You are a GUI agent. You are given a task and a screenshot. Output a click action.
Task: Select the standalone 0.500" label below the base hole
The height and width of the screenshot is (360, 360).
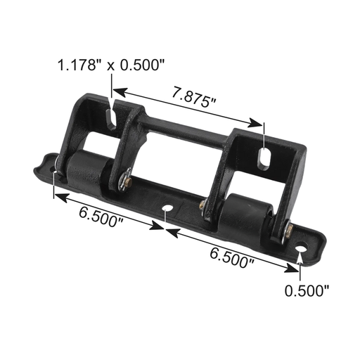point(306,290)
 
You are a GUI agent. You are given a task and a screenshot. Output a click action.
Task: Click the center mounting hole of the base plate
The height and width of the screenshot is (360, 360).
point(167,210)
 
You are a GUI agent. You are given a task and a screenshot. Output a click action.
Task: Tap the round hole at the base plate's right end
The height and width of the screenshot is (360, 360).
point(301,249)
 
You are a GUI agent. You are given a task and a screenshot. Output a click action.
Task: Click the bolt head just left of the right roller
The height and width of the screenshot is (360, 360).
point(203,205)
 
